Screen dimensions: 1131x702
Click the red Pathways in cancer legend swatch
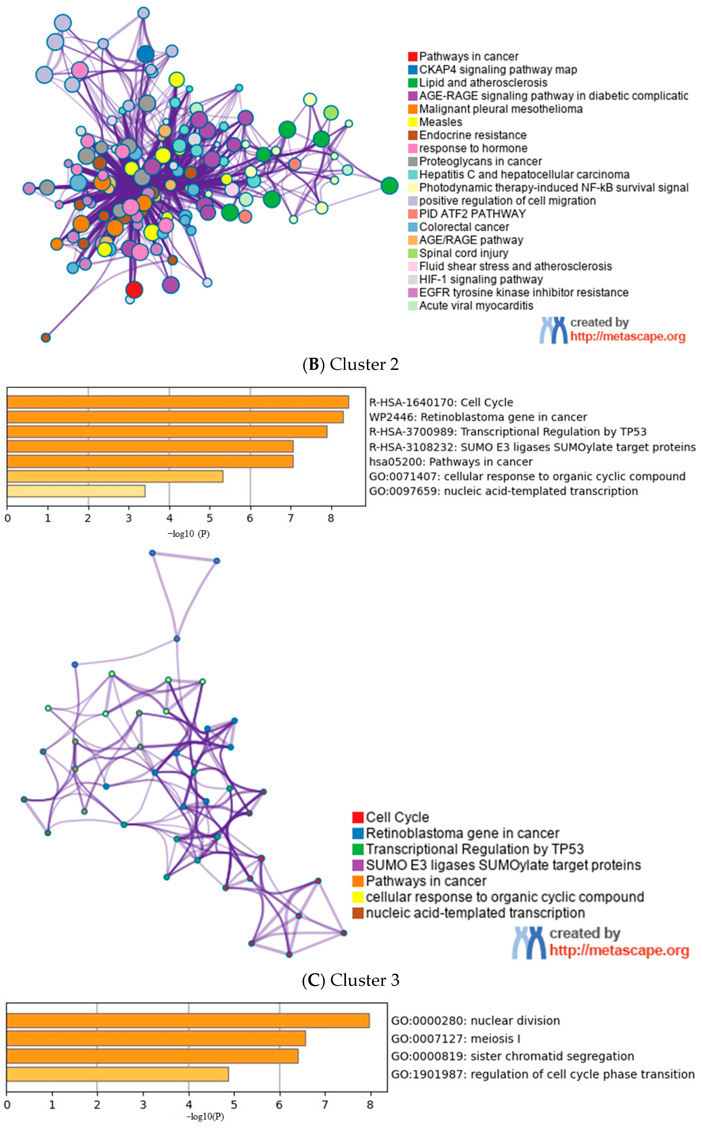click(x=412, y=57)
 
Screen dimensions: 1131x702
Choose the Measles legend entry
click(x=440, y=122)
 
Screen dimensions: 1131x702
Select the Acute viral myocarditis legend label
click(x=476, y=306)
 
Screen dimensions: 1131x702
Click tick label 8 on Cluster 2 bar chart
click(x=331, y=518)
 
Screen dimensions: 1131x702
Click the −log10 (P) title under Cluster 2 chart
click(x=188, y=534)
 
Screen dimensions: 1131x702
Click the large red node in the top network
click(x=134, y=290)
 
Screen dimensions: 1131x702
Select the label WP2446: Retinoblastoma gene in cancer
click(x=478, y=417)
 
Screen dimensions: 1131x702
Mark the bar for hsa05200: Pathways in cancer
click(x=150, y=461)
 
